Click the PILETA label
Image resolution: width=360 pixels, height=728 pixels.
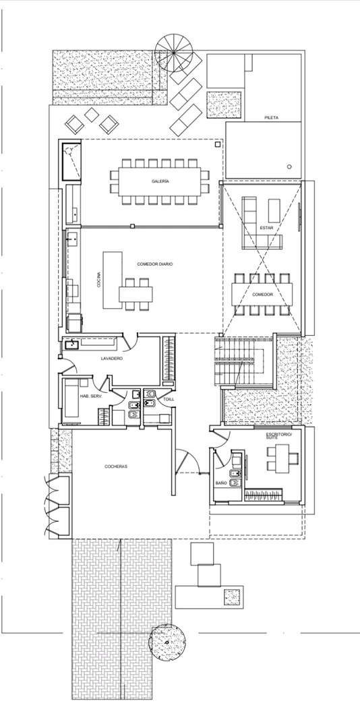(x=272, y=118)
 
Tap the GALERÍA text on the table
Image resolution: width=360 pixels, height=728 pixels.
(x=160, y=181)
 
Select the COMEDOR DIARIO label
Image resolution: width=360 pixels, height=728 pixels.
(x=155, y=264)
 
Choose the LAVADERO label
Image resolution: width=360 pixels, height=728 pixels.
(x=111, y=359)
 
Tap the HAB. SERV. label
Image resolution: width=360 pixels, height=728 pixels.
(x=90, y=396)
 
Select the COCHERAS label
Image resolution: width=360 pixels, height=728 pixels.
(x=116, y=466)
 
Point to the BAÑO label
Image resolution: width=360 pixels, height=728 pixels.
(x=221, y=483)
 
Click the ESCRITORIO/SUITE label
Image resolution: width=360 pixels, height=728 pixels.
(x=278, y=436)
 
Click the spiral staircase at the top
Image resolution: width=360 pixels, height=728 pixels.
(x=174, y=53)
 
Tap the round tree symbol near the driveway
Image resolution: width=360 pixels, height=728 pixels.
(x=167, y=642)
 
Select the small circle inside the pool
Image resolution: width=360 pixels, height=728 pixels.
(x=289, y=166)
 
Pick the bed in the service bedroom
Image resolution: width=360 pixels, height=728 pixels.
(x=72, y=398)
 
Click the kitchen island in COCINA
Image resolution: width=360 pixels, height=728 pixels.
(x=113, y=280)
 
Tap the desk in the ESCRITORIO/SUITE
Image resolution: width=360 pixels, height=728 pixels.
(x=282, y=459)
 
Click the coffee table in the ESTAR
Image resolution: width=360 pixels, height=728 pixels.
(x=274, y=210)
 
